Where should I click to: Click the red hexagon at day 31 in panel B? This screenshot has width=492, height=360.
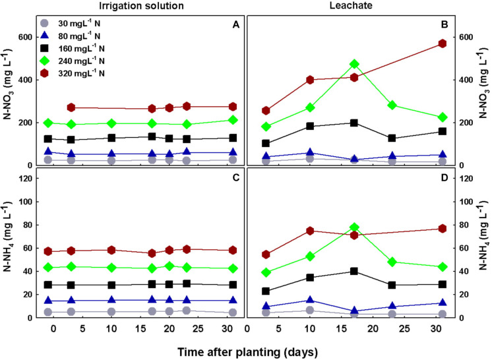click(443, 44)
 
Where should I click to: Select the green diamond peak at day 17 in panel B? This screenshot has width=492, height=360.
click(354, 64)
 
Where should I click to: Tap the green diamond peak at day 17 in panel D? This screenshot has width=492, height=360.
click(354, 227)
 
